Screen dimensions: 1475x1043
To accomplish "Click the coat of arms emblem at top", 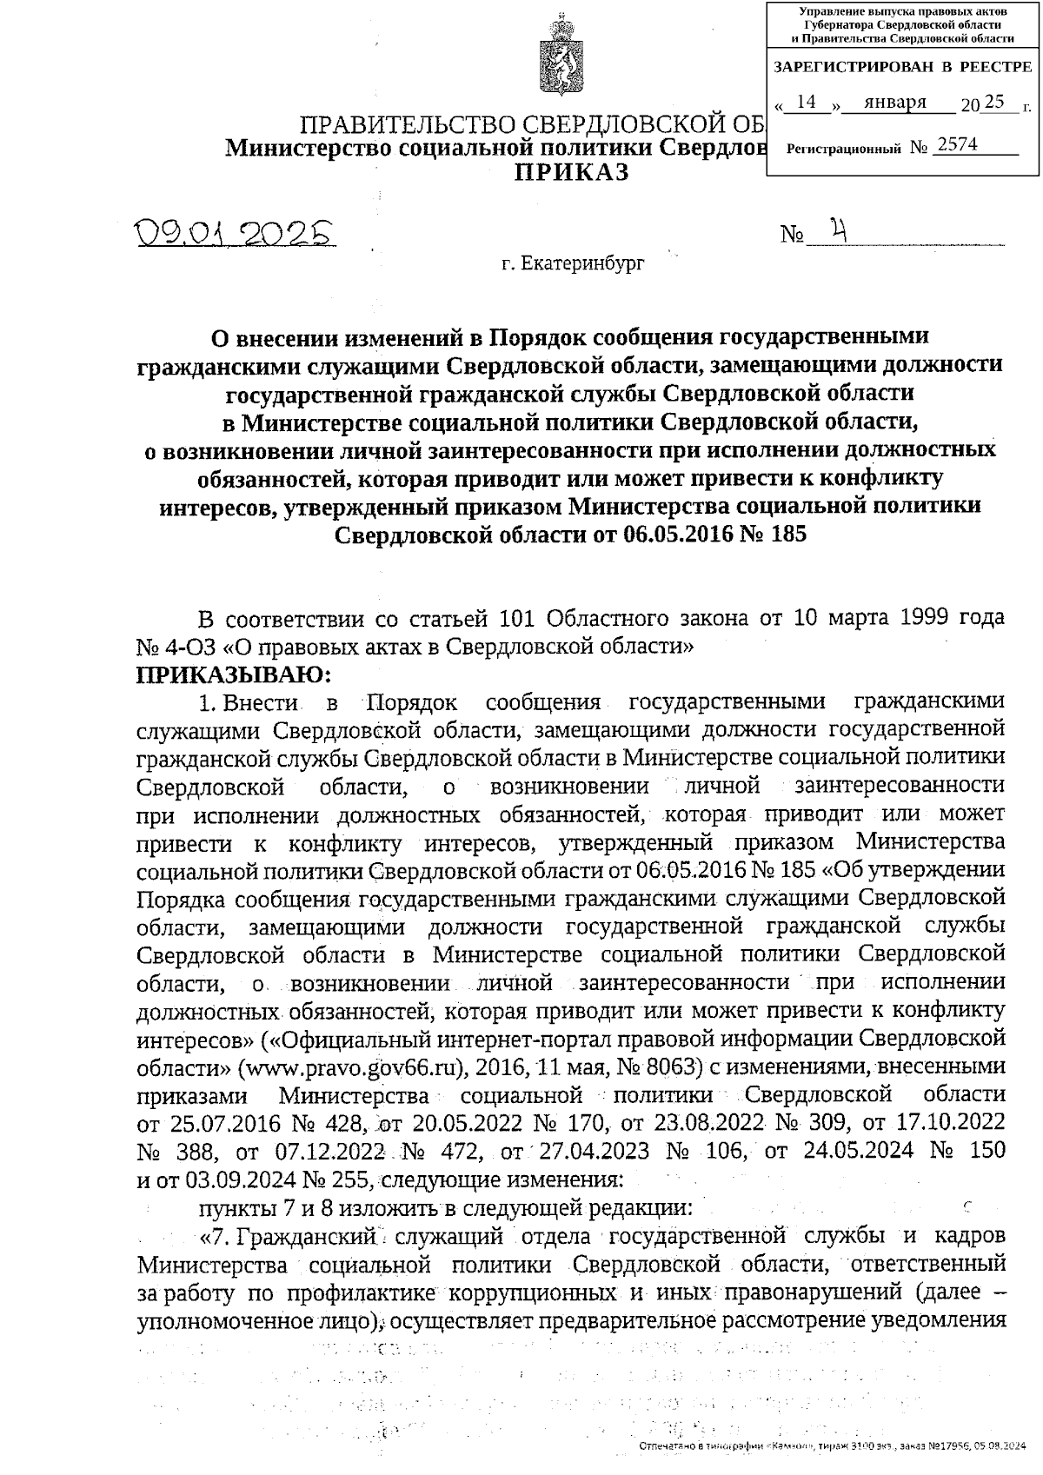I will [554, 62].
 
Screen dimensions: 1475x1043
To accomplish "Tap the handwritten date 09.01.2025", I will [234, 233].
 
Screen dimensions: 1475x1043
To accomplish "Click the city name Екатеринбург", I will [573, 262].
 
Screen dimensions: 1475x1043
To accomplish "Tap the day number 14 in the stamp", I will [807, 103].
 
